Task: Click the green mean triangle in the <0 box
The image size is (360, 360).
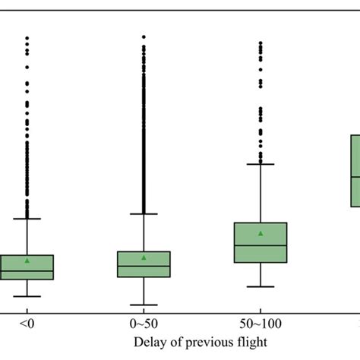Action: (27, 261)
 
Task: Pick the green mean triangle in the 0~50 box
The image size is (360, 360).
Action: (144, 257)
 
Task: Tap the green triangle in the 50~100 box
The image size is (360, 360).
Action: (261, 233)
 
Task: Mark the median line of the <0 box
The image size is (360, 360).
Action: (27, 270)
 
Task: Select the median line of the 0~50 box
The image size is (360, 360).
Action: (144, 266)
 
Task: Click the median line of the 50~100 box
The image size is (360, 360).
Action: (261, 245)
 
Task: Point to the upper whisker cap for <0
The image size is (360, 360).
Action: (27, 219)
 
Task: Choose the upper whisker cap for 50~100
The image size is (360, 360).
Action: (261, 163)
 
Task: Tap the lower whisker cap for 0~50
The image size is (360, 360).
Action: (144, 305)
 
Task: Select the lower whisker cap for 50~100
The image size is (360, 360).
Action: (261, 286)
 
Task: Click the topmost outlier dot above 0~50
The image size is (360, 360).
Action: (144, 36)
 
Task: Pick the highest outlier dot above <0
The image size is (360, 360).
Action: (27, 37)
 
